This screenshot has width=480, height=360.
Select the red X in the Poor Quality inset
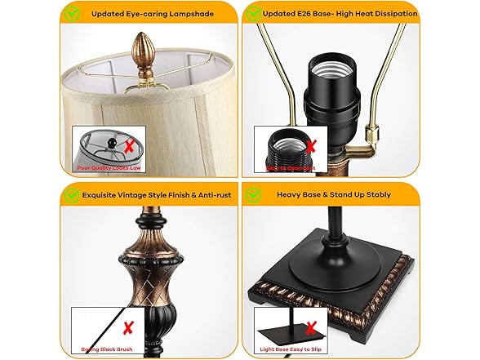click(x=128, y=147)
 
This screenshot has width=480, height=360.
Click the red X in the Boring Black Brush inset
click(x=127, y=327)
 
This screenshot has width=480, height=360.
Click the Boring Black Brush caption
click(x=106, y=349)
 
